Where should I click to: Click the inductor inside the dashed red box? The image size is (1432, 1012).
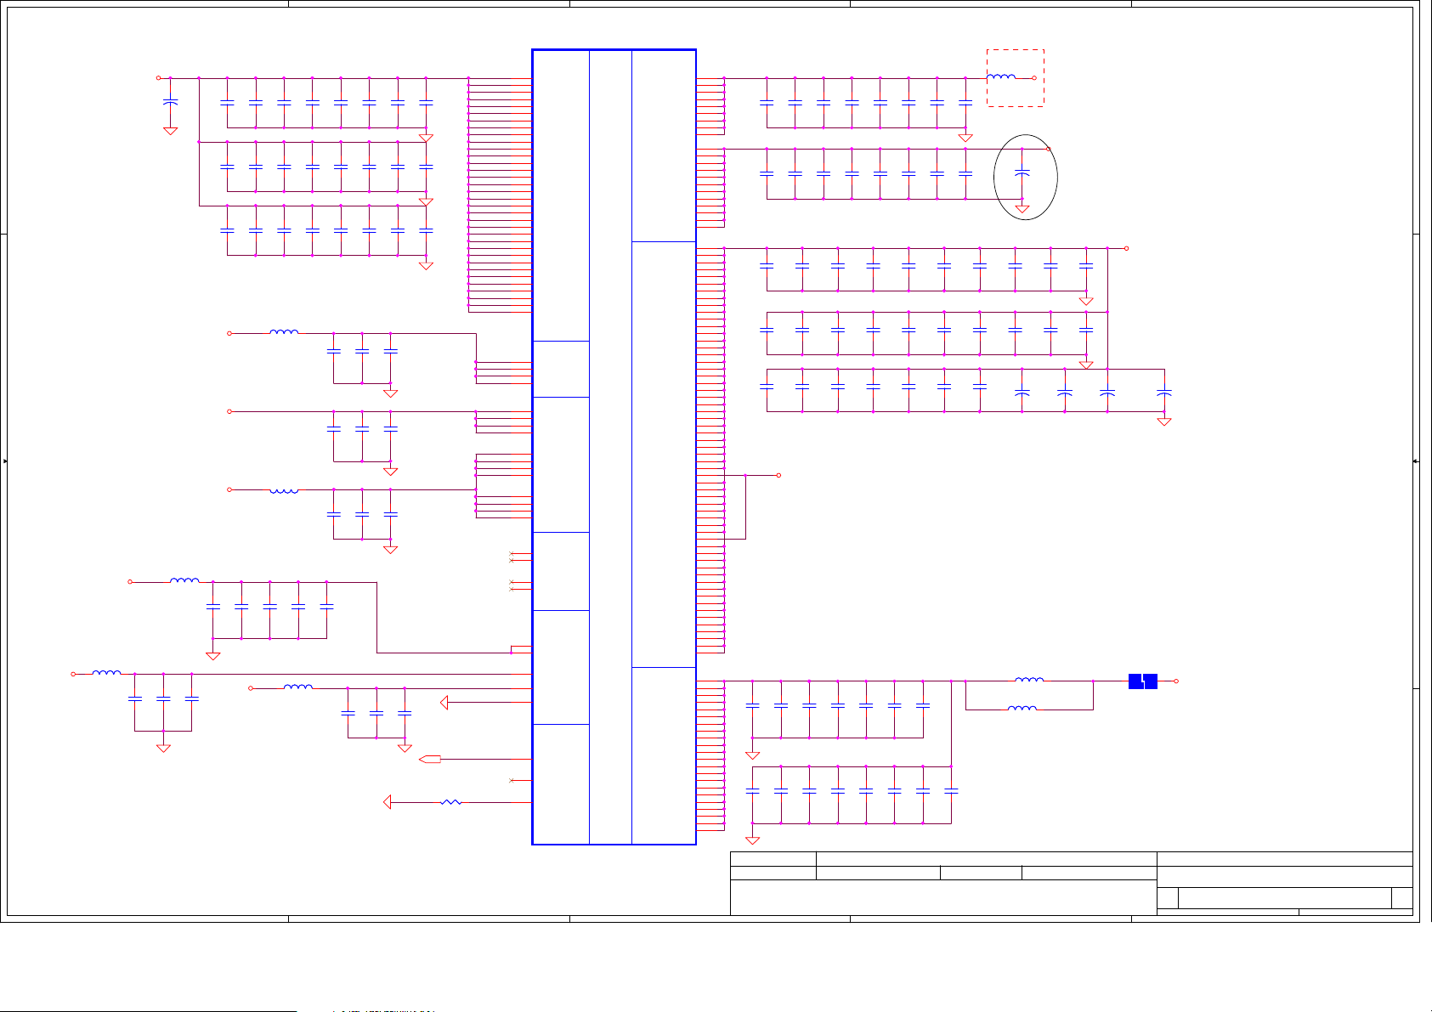point(1001,77)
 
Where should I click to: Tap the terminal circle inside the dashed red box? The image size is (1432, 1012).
point(1034,78)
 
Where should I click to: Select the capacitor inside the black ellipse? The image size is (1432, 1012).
point(1022,173)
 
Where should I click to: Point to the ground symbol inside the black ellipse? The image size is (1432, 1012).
point(1022,208)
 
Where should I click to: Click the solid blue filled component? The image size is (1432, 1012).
point(1143,681)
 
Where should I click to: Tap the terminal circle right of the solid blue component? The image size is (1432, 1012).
point(1176,681)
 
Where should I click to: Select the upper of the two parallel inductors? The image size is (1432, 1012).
point(1029,680)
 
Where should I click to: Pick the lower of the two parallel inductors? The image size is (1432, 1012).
point(1022,709)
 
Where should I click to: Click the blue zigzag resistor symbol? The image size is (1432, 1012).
point(451,802)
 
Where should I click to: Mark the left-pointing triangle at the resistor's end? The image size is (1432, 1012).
point(388,802)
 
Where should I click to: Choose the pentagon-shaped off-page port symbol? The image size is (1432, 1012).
point(431,760)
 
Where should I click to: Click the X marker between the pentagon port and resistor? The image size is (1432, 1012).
point(511,780)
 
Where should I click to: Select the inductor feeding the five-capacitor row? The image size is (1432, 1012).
point(184,581)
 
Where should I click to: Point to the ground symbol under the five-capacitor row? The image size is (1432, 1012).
point(213,656)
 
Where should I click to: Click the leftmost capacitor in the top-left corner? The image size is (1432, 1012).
point(170,102)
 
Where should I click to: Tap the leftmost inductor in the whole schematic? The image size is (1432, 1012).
point(106,673)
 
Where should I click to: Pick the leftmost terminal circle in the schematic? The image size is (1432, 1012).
point(73,674)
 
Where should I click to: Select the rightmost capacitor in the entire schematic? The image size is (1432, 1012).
point(1164,393)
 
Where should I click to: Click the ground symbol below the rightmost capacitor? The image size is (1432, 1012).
point(1164,421)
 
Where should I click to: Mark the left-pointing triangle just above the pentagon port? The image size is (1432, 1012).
point(444,703)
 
